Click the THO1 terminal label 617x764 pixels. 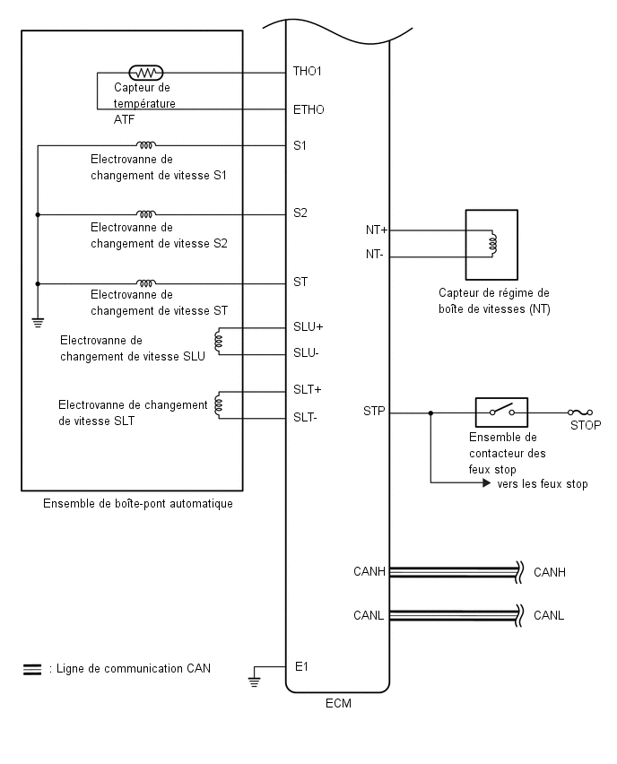(307, 71)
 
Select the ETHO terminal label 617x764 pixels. (308, 109)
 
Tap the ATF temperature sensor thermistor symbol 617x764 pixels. (145, 74)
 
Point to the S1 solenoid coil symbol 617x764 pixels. (145, 144)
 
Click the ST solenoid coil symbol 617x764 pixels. (145, 282)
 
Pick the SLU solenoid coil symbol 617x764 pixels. (218, 340)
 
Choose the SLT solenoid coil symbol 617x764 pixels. (218, 404)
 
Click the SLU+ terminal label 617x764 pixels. (308, 327)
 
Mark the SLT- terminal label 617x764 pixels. (305, 417)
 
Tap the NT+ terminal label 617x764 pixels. (377, 230)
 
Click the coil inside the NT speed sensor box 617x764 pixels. (492, 244)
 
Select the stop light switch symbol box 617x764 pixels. (501, 412)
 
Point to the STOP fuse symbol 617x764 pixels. (580, 412)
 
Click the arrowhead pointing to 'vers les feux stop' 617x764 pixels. (486, 482)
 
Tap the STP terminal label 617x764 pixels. (374, 412)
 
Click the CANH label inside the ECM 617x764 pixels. (369, 571)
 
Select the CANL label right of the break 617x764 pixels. (549, 615)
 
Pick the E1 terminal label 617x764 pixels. (301, 666)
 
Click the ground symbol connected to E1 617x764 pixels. (254, 682)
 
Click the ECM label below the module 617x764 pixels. (338, 703)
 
